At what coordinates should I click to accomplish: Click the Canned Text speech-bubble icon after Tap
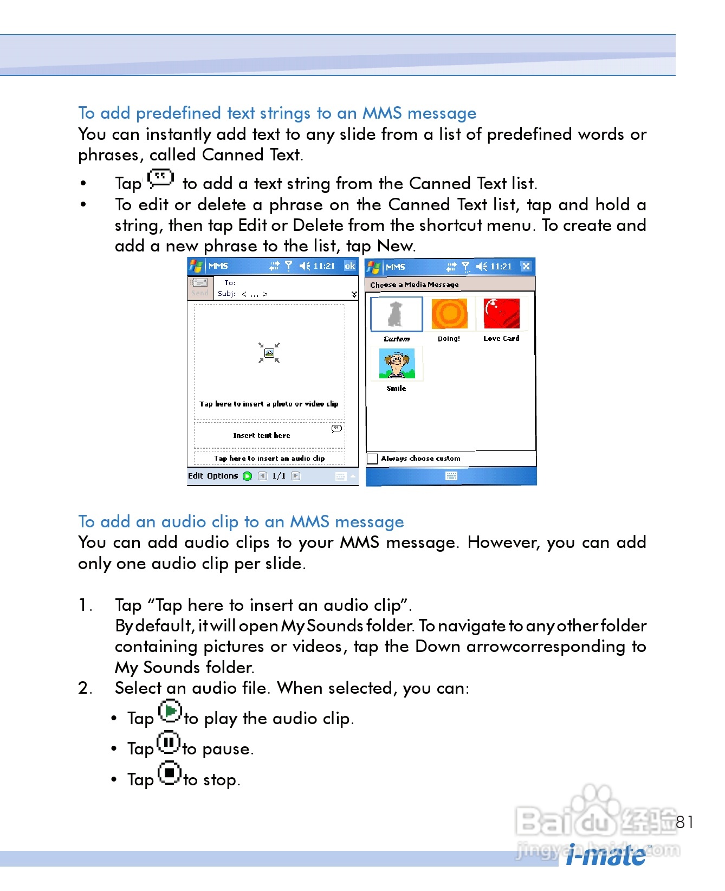[x=161, y=178]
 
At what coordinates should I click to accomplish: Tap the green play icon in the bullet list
[x=170, y=711]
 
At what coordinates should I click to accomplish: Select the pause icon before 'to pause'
[x=169, y=742]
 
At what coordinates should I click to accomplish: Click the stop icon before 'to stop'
[x=170, y=773]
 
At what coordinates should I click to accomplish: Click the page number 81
[x=685, y=822]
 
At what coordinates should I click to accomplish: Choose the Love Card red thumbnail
[x=502, y=313]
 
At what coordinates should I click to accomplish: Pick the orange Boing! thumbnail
[x=449, y=313]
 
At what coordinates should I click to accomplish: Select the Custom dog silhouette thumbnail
[x=397, y=314]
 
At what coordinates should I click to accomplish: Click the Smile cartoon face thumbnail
[x=397, y=363]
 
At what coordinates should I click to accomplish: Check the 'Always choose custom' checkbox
[x=372, y=459]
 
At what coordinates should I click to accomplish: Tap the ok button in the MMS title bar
[x=350, y=266]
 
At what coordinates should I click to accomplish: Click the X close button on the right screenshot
[x=526, y=266]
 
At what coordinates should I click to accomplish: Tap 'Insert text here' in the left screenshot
[x=262, y=436]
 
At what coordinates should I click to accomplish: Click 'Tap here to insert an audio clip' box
[x=269, y=458]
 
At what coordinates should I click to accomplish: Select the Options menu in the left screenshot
[x=223, y=476]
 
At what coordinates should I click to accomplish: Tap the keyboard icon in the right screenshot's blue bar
[x=451, y=476]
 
